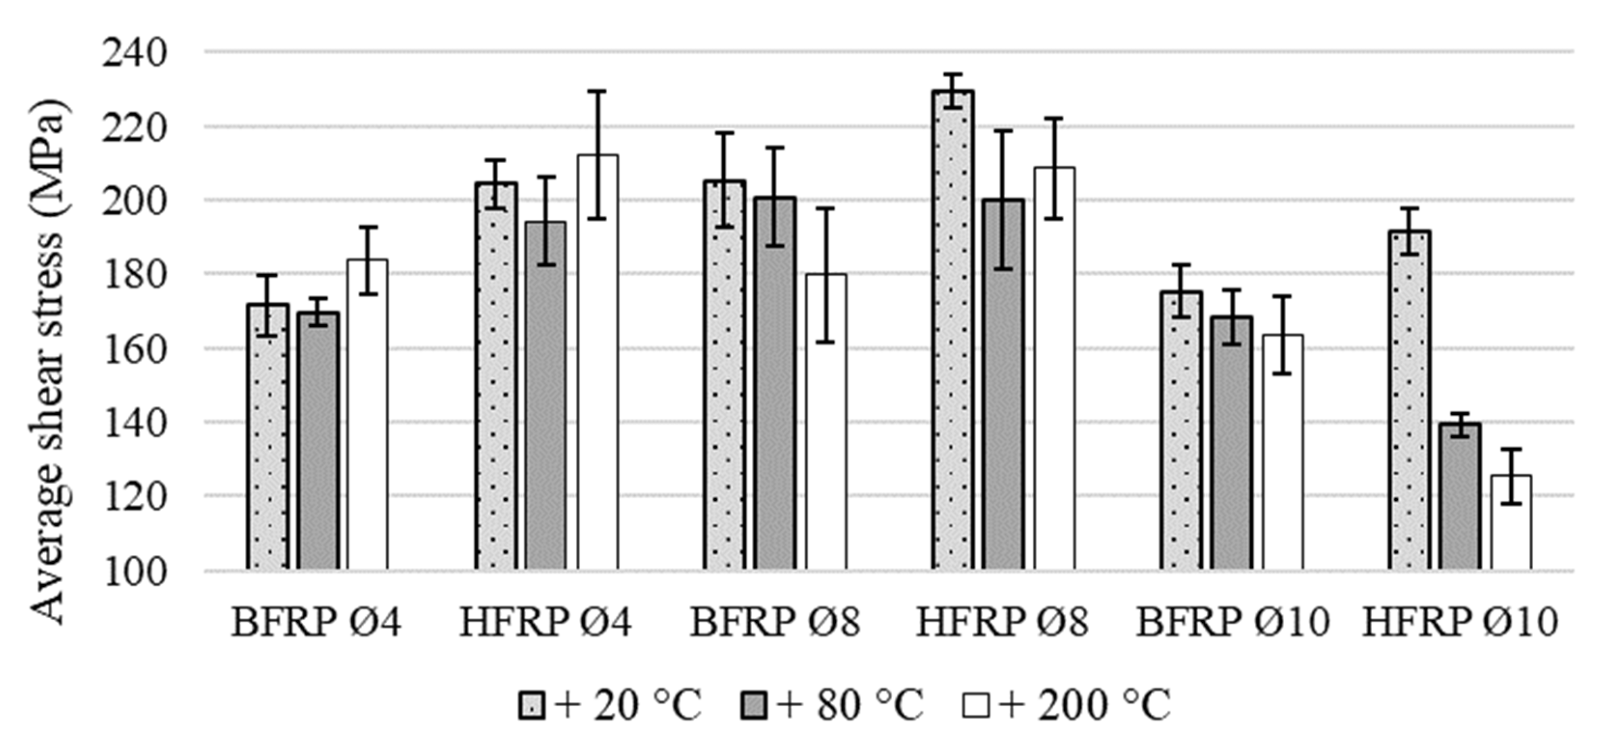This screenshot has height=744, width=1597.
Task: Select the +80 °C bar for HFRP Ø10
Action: click(1460, 496)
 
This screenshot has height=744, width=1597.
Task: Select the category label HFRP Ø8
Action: click(1002, 622)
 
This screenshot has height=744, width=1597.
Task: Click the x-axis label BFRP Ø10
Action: click(1233, 622)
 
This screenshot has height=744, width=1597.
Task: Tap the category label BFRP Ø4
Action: click(316, 622)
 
